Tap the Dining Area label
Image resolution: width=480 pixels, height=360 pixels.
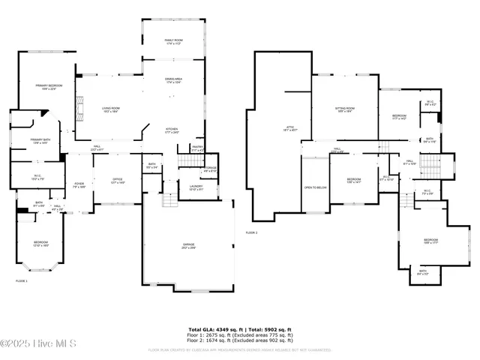coord(174,79)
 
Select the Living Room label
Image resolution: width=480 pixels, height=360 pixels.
coord(111,109)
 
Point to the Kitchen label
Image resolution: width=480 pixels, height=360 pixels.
coord(172,129)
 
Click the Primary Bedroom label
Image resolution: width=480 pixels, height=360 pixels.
coord(46,86)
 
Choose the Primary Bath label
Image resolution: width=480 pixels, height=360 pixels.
coord(40,140)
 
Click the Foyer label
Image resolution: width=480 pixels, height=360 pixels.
coord(79,184)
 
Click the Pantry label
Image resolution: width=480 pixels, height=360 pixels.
coord(197,148)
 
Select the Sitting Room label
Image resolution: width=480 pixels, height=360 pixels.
coord(345,109)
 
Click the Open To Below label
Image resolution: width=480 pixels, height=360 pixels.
coord(314,187)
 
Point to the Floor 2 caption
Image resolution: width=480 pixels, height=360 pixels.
coord(251,233)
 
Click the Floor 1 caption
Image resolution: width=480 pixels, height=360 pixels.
coord(22,280)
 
